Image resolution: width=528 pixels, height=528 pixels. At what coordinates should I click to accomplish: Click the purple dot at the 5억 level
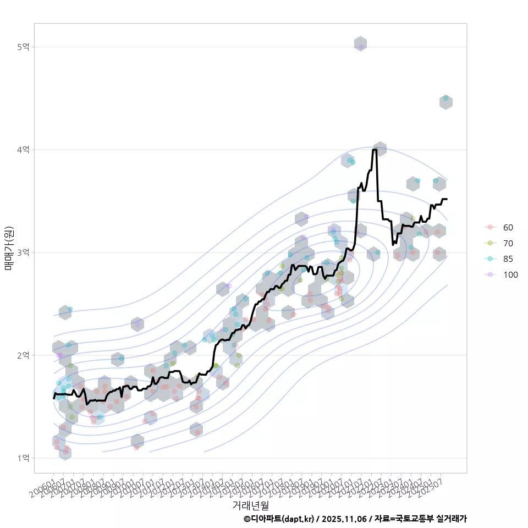[361, 47]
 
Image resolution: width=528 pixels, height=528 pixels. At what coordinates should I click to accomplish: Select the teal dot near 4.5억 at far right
[446, 98]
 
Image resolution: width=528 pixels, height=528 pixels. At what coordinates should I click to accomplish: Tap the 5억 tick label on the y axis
[23, 47]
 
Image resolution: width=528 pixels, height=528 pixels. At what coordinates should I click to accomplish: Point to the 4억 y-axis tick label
[23, 150]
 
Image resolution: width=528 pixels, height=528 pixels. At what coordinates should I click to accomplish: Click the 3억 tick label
[23, 252]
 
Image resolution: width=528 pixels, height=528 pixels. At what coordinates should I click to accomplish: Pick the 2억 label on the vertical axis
[23, 355]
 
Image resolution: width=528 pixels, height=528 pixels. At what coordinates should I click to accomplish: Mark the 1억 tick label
[23, 458]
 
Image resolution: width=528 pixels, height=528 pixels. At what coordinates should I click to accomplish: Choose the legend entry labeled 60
[508, 227]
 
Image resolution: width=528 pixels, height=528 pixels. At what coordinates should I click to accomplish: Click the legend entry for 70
[508, 243]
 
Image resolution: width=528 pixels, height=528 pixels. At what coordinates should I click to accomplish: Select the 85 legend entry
[508, 259]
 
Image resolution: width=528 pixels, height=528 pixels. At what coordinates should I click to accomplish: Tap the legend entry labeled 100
[510, 275]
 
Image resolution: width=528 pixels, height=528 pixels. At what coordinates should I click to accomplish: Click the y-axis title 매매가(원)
[9, 249]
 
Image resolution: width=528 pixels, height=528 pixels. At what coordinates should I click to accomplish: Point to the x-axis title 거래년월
[250, 504]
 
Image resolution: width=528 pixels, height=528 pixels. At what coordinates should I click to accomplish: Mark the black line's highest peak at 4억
[375, 150]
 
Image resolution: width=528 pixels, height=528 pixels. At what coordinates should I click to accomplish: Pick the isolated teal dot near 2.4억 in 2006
[70, 309]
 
